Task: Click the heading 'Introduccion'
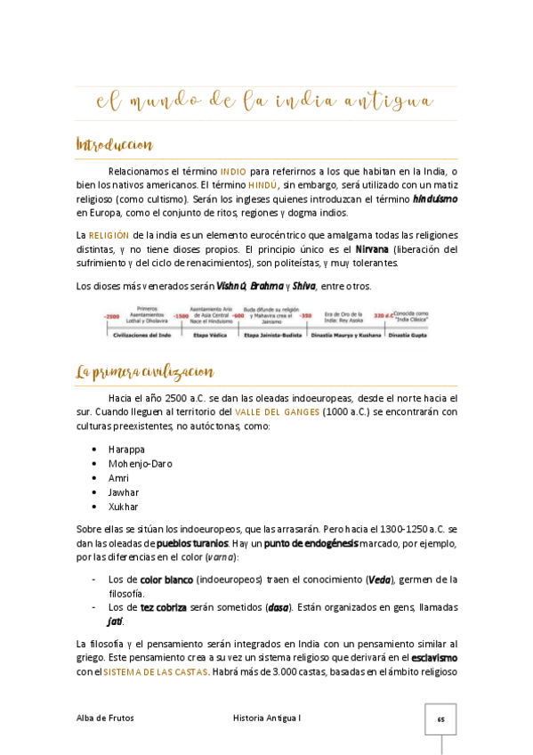click(115, 144)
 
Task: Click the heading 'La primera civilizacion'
click(145, 371)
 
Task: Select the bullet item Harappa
click(126, 449)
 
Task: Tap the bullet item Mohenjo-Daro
click(140, 463)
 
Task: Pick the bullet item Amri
click(118, 477)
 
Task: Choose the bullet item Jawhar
click(123, 491)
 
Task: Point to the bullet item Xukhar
click(123, 506)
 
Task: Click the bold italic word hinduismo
click(435, 199)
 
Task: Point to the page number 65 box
click(440, 718)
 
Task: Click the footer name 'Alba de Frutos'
click(106, 718)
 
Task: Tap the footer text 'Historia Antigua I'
click(266, 718)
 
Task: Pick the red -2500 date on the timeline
click(112, 316)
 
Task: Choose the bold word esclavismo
click(433, 657)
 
